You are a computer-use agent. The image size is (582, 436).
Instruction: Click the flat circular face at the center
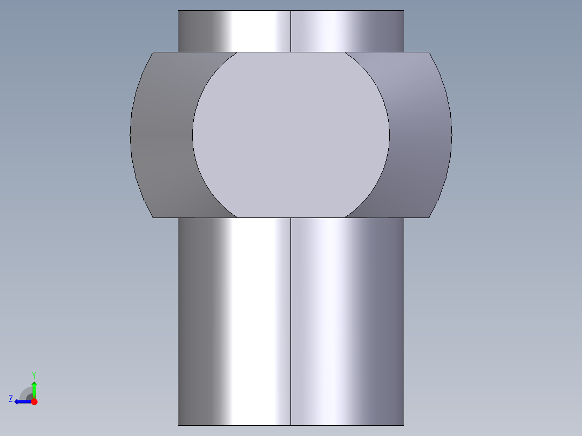coord(290,135)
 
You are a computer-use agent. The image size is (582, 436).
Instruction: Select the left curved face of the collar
coord(162,135)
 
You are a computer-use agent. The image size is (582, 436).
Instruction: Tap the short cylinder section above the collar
coord(243,31)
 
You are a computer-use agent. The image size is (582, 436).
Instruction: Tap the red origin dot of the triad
coord(34,401)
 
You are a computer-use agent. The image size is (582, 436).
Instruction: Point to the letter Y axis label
coord(33,374)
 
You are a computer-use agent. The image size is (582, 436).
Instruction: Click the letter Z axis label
coord(11,399)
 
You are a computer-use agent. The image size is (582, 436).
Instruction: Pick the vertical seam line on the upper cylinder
coord(291,31)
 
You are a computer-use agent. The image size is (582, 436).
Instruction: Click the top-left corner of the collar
coord(153,52)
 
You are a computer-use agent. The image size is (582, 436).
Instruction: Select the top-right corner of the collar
coord(429,52)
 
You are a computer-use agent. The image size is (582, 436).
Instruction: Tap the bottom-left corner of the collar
coord(153,217)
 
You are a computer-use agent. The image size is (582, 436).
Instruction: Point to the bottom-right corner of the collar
coord(429,217)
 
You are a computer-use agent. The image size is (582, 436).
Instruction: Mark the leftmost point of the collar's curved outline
coord(131,135)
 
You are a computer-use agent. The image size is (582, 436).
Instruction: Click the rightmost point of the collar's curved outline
coord(451,135)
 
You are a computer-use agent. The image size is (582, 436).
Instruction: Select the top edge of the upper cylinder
coord(291,11)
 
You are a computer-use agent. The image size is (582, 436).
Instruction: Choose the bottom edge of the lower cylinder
coord(291,425)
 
